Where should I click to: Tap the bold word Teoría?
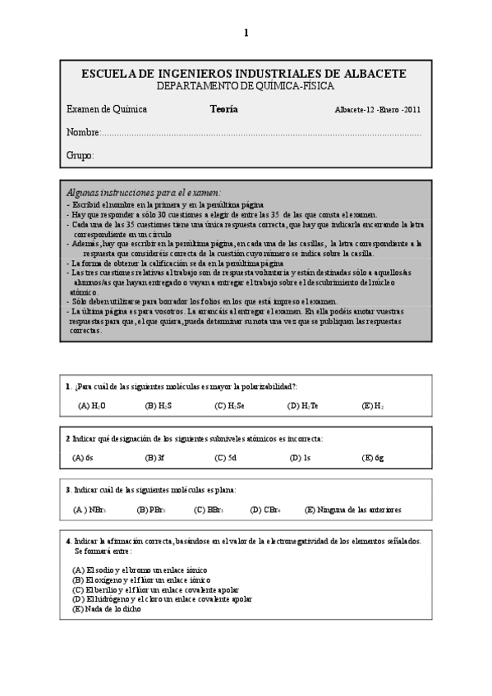[223, 109]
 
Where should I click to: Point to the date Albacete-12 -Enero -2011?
[379, 110]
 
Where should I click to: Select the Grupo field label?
[80, 155]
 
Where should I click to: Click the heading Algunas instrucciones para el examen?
[144, 191]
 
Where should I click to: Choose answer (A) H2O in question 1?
[92, 405]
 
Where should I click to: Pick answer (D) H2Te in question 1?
[303, 405]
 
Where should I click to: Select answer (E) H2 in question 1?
[373, 405]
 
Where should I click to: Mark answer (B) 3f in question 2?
[155, 458]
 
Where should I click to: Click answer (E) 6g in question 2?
[373, 458]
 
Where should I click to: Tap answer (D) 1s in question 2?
[300, 458]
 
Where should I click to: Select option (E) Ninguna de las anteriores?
[352, 510]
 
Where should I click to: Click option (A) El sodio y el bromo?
[140, 569]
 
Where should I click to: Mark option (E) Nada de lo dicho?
[107, 608]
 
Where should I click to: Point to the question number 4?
[67, 542]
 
